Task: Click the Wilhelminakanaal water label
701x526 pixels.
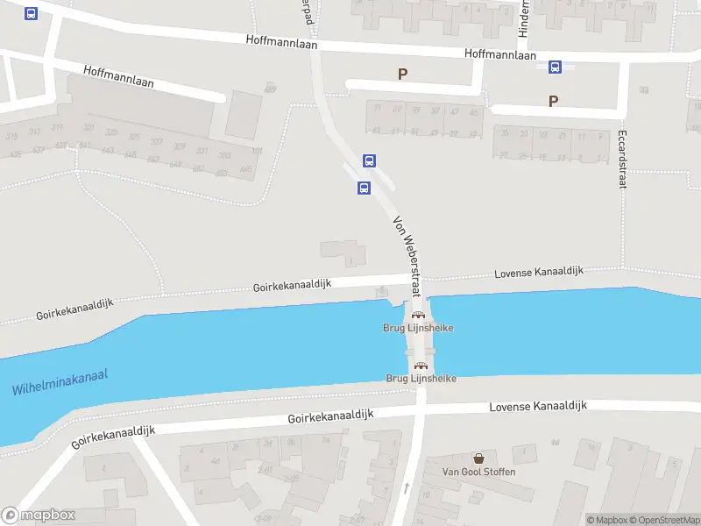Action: point(60,382)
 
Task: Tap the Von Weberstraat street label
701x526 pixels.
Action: point(407,257)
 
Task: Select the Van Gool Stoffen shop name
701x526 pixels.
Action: point(478,472)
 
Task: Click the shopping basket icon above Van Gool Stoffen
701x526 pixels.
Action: point(478,458)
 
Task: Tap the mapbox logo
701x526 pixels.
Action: point(39,515)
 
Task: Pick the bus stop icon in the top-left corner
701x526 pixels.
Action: point(32,14)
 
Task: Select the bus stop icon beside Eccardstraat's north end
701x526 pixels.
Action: point(555,67)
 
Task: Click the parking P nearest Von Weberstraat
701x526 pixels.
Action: point(402,75)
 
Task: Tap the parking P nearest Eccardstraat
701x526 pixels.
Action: point(553,101)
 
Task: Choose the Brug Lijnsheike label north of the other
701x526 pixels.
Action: point(419,328)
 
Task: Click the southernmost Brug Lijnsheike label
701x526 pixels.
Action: point(421,378)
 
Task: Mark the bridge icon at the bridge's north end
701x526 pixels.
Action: point(418,315)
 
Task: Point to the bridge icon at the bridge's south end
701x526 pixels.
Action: point(421,366)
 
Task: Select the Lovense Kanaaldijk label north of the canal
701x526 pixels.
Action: point(539,274)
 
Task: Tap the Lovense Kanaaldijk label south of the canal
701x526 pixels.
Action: point(538,406)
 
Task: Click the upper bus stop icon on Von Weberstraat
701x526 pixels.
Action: point(370,160)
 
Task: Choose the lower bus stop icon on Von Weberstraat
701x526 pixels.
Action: point(364,188)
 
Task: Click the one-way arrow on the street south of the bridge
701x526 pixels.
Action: point(406,487)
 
